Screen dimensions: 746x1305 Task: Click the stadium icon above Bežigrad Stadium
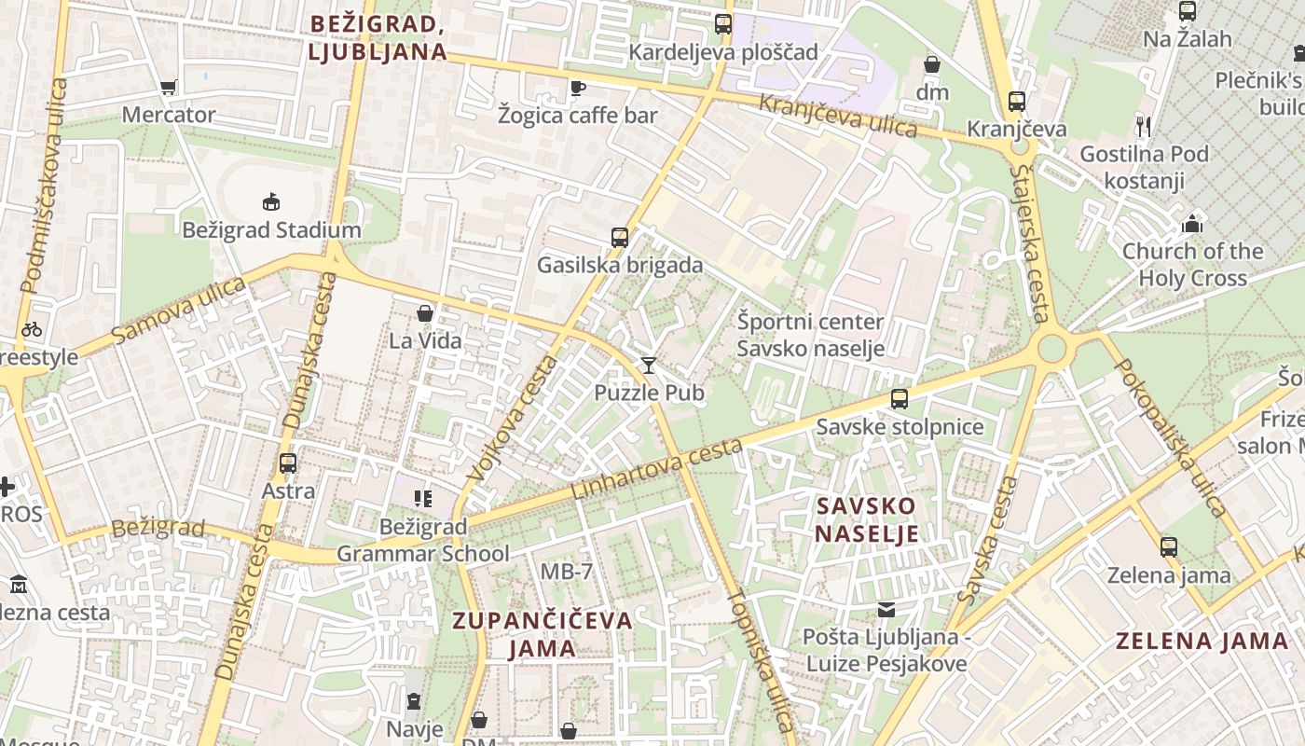point(270,200)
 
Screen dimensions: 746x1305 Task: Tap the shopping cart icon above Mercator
point(169,87)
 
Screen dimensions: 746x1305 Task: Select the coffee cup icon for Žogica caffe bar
point(578,88)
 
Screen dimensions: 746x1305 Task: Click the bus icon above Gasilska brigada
point(620,237)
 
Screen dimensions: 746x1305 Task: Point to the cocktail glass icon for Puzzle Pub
point(649,365)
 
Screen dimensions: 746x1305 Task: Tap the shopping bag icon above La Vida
point(425,313)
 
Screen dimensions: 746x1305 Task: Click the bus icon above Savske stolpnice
point(900,399)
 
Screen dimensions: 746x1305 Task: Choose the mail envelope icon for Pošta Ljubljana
point(886,610)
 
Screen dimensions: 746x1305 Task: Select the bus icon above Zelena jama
point(1169,546)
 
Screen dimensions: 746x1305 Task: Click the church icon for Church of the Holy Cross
point(1192,224)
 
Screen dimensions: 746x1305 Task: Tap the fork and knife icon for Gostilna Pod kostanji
point(1144,126)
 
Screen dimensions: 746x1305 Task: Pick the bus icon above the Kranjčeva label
point(1017,101)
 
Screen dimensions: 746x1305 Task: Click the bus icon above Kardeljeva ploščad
point(723,24)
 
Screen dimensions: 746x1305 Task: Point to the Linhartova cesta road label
point(657,468)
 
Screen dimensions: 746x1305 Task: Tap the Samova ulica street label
point(178,310)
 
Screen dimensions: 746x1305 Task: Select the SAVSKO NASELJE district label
point(867,519)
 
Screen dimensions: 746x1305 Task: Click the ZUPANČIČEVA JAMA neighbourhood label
point(543,633)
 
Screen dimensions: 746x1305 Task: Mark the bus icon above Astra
point(288,463)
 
